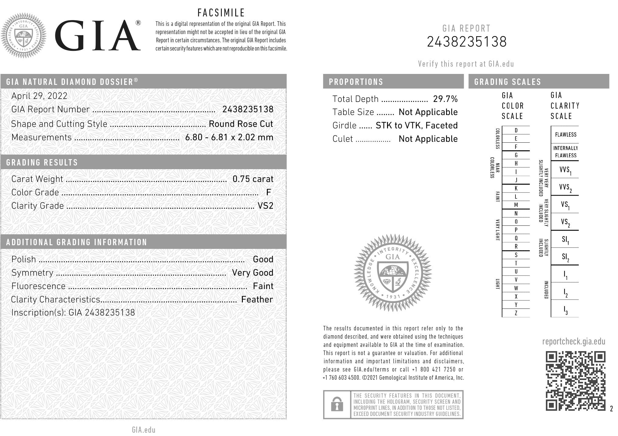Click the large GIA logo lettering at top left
coord(97,36)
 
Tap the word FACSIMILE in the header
coord(221,13)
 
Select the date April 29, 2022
coord(39,96)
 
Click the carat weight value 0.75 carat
coord(253,179)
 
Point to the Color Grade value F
coord(268,192)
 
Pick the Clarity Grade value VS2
coord(265,206)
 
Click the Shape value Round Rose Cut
coord(241,124)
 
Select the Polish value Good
coord(263,259)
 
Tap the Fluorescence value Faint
coord(263,286)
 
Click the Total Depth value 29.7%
coord(445,99)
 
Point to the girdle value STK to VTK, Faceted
coord(417,125)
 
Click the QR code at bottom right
coord(575,381)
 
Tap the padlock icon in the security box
coord(337,405)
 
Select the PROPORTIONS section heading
coord(356,82)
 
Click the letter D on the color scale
coord(516,131)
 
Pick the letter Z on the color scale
coord(516,313)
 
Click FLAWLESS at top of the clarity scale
coord(565,134)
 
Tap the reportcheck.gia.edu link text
coord(574,341)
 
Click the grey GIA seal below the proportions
coord(393,273)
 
